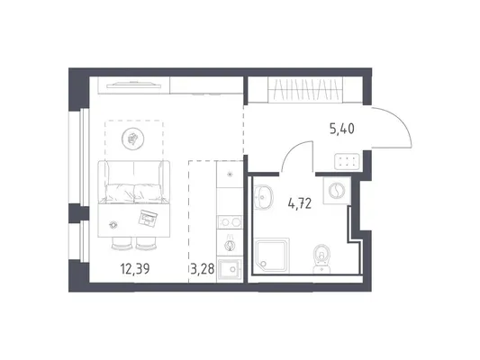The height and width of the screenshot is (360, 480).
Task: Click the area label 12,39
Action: click(135, 269)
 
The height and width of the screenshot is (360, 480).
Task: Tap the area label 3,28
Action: click(202, 269)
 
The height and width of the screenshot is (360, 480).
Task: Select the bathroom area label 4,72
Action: click(300, 203)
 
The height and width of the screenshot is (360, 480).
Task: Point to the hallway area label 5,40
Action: click(342, 129)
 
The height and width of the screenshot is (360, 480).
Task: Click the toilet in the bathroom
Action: click(322, 258)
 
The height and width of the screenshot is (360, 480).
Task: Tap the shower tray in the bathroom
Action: click(272, 256)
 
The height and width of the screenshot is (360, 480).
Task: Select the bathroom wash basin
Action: click(263, 197)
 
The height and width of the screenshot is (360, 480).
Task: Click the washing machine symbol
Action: click(337, 191)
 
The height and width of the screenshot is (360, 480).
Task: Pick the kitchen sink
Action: click(230, 270)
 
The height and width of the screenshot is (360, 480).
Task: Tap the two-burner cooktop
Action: click(230, 222)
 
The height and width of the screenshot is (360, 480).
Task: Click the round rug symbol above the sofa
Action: click(133, 139)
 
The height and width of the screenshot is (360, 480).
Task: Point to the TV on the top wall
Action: click(133, 85)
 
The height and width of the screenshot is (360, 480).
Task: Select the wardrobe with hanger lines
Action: click(305, 89)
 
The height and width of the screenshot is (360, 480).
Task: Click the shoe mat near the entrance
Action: click(347, 161)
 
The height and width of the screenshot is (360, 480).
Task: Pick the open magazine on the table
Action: click(148, 218)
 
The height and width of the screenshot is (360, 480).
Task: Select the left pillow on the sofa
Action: click(120, 193)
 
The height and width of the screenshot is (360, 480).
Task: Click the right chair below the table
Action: click(146, 244)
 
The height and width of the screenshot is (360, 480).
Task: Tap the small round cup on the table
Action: click(113, 225)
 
